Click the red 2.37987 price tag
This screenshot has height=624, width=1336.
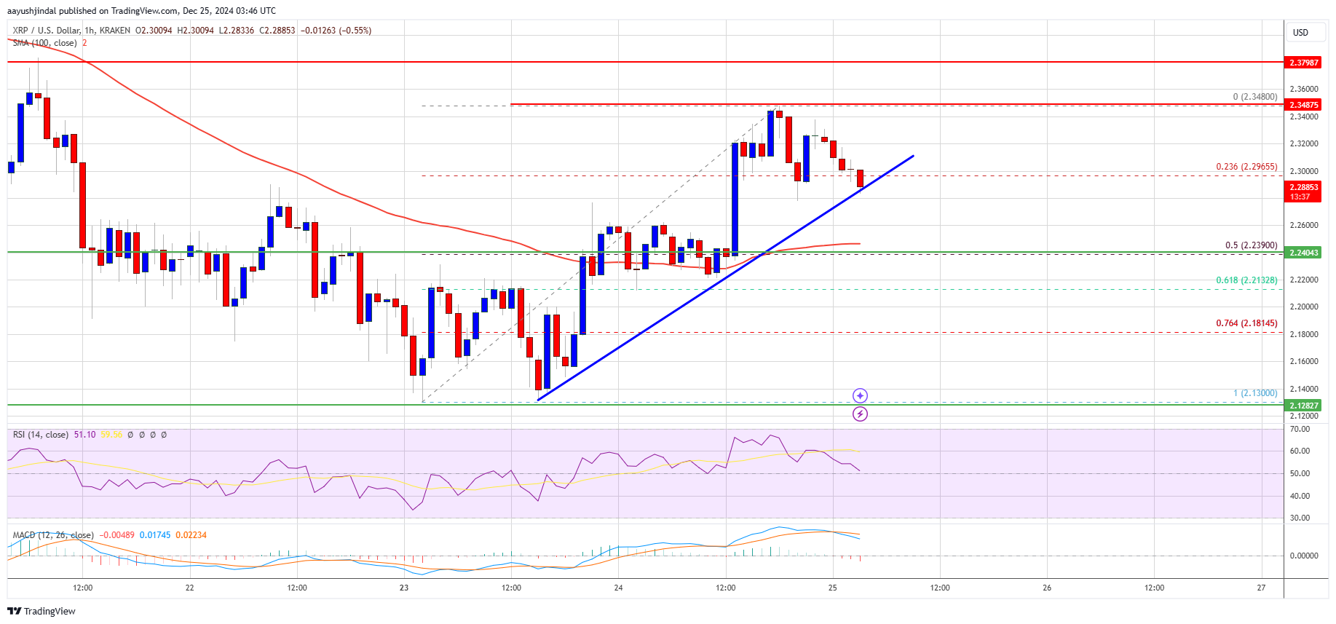coord(1303,63)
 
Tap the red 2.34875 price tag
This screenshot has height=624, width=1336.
coord(1303,105)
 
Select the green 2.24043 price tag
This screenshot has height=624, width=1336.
coord(1303,253)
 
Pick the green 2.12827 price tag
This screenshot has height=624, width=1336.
coord(1303,406)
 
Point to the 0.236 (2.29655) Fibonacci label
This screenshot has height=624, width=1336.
coord(1246,167)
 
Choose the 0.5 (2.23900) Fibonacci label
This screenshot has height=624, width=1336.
coord(1250,245)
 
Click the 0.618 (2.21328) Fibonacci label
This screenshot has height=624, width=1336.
coord(1246,280)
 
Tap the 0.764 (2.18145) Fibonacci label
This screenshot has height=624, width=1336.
coord(1246,323)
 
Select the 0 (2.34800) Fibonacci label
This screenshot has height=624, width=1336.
coord(1254,97)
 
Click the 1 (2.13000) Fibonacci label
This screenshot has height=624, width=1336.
coord(1254,393)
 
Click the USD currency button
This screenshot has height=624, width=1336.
coord(1300,33)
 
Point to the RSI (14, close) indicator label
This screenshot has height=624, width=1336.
coord(41,435)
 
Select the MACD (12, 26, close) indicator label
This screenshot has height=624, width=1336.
coord(52,535)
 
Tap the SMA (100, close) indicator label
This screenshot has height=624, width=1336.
coord(44,43)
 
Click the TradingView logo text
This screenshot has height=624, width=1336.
coord(41,611)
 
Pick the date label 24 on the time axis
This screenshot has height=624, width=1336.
coord(618,588)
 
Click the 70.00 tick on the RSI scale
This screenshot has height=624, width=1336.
coord(1300,429)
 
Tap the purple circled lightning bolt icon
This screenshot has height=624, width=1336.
coord(860,414)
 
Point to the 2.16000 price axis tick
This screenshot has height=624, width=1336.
coord(1303,361)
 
